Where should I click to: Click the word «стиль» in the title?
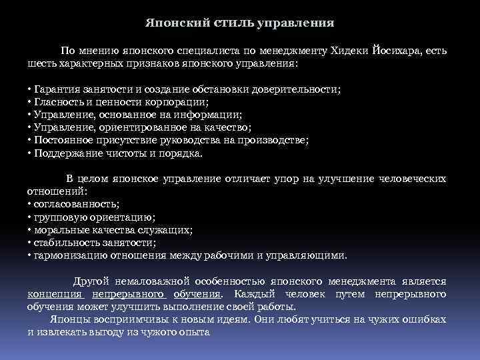pos(234,23)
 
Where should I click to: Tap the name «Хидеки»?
pos(351,51)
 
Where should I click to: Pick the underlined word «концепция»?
pos(54,293)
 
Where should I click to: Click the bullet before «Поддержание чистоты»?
pos(29,153)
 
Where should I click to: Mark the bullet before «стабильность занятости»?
pos(29,243)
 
